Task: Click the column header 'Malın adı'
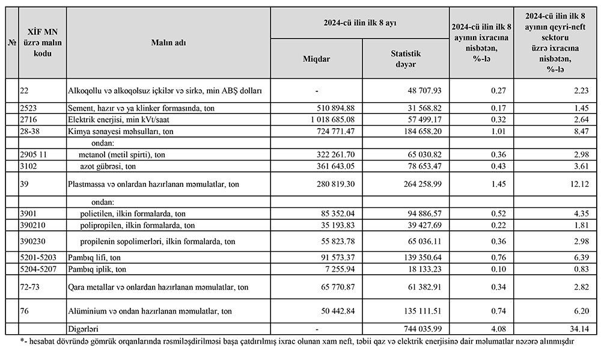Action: click(x=168, y=43)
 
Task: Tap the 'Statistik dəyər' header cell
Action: click(x=401, y=59)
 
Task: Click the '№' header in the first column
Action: click(x=12, y=43)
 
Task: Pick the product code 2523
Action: click(x=29, y=108)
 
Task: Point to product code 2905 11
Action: click(x=34, y=154)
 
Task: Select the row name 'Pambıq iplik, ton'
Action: click(x=97, y=268)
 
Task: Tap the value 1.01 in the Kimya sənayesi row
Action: click(x=498, y=131)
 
